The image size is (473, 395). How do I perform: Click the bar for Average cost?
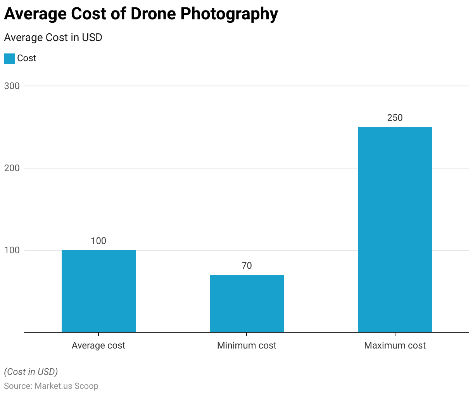click(98, 291)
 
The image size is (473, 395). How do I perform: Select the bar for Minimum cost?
click(247, 304)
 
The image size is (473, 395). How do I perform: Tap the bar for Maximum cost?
click(395, 230)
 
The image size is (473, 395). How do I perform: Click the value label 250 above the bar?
click(395, 118)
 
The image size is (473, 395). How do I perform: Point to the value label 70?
click(247, 266)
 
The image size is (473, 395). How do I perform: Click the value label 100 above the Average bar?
click(98, 241)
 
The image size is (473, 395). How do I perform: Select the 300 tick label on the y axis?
click(12, 86)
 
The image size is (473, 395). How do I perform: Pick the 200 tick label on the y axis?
click(12, 168)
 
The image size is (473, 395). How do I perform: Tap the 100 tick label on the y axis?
click(12, 250)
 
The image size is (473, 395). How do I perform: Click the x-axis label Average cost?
click(98, 345)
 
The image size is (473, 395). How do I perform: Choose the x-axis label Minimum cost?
click(247, 345)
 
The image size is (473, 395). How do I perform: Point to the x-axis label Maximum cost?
click(395, 345)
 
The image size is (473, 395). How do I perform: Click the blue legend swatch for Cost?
click(9, 59)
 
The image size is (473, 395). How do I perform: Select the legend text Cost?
click(26, 58)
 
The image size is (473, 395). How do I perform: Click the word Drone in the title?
click(154, 14)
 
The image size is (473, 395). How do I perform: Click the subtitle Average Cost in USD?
click(53, 38)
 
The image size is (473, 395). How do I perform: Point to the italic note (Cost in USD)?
click(31, 372)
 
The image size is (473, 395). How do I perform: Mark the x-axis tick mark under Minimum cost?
click(247, 334)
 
